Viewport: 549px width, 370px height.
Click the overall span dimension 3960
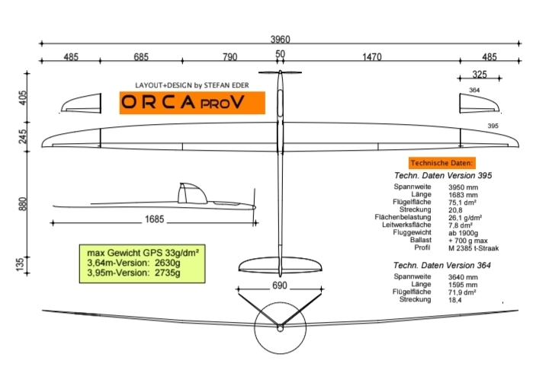(x=280, y=39)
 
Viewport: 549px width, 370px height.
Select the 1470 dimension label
(x=371, y=57)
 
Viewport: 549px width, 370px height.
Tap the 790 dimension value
(x=230, y=57)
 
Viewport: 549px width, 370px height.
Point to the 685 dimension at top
(x=140, y=57)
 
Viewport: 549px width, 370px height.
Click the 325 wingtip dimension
(x=480, y=75)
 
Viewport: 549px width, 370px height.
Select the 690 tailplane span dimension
(x=280, y=286)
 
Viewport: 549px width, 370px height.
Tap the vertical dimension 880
(x=22, y=206)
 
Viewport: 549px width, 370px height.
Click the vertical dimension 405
(x=22, y=97)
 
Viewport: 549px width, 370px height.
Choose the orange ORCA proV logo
(x=191, y=103)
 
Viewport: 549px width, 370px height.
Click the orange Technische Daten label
(x=442, y=163)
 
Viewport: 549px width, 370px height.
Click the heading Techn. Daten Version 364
(x=441, y=265)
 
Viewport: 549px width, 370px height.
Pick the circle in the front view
(x=280, y=328)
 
